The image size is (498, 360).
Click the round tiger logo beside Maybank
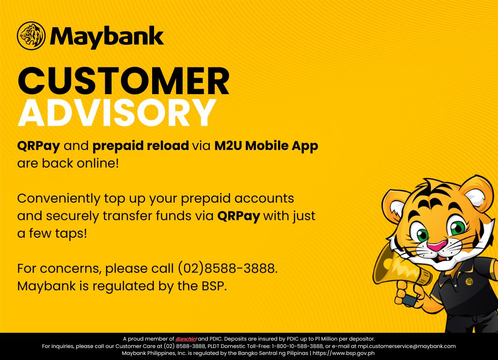(x=31, y=36)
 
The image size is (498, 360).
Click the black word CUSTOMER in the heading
(x=123, y=81)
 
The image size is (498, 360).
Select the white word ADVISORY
(x=117, y=112)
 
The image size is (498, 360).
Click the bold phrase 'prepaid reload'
(x=141, y=146)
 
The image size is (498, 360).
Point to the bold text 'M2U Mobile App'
(x=266, y=146)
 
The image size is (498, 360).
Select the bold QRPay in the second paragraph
(x=238, y=216)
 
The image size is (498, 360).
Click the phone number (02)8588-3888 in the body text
(x=227, y=269)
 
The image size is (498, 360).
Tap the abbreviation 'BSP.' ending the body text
(x=214, y=286)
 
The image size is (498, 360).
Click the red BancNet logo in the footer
(x=186, y=339)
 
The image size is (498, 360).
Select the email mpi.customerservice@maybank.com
(x=407, y=346)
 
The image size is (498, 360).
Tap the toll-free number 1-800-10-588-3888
(x=297, y=346)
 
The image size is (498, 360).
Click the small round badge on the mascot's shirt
(x=469, y=282)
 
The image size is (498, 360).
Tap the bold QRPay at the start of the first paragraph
(x=38, y=146)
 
